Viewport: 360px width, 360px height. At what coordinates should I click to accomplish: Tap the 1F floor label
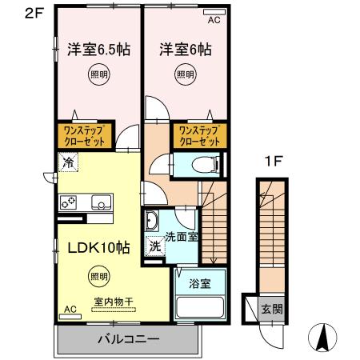tap(272, 160)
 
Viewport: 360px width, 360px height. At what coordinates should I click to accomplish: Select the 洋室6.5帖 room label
tap(98, 49)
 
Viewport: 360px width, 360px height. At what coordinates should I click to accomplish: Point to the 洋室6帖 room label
tap(185, 49)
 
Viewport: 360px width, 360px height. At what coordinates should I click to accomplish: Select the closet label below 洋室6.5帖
tap(82, 134)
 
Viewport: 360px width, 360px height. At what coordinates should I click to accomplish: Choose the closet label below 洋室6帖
tap(198, 134)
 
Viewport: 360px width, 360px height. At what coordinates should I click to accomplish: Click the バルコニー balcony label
tap(128, 338)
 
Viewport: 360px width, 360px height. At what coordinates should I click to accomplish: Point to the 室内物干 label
tap(112, 302)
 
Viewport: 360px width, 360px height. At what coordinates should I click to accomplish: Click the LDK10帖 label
tap(93, 248)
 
